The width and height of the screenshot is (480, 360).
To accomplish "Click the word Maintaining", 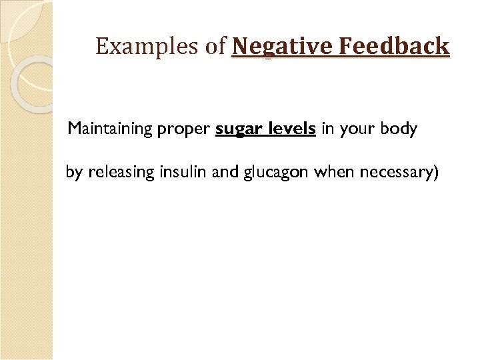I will click(111, 129).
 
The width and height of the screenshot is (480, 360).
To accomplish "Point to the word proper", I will click(183, 129).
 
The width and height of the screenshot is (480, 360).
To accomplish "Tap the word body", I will click(399, 129).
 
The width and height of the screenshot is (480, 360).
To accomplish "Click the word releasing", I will click(122, 173).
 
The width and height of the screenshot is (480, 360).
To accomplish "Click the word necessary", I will click(395, 173).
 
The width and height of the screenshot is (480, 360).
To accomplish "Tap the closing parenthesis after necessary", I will click(436, 173).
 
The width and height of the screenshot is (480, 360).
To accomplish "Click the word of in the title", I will click(217, 47).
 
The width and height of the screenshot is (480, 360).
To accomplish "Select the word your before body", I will click(358, 129).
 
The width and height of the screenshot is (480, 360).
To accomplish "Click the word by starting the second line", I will click(74, 173).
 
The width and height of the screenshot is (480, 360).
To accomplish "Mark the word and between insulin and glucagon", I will click(225, 172).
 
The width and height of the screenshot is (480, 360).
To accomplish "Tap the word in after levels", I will click(327, 129).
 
